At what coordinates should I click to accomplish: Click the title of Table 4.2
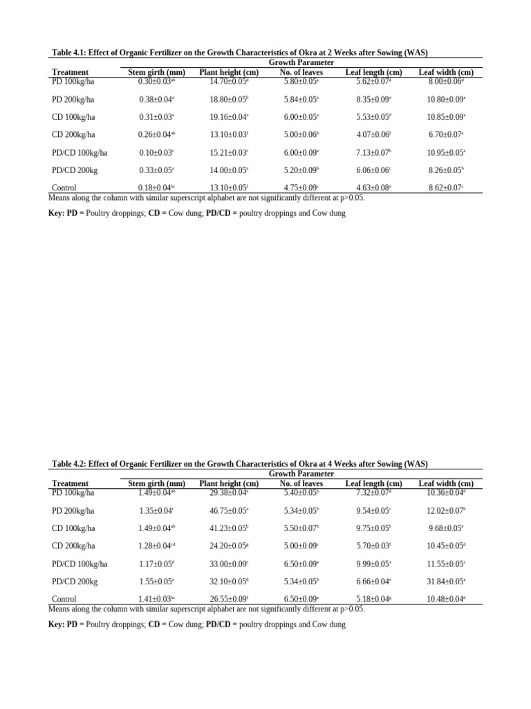tap(240, 464)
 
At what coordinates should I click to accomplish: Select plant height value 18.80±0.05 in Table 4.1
tap(229, 100)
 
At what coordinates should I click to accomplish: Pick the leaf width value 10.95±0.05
tap(446, 152)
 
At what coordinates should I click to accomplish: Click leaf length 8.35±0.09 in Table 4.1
tap(373, 100)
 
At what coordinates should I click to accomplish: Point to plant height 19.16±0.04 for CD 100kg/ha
tap(229, 117)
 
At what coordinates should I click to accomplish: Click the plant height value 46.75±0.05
tap(229, 510)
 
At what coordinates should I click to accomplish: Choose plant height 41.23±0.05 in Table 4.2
tap(229, 528)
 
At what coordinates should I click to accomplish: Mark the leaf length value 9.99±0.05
tap(373, 564)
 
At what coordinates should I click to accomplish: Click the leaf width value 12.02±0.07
tap(446, 510)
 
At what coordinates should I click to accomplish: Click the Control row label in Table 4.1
tap(64, 188)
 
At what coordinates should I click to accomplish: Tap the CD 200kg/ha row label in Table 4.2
tap(73, 546)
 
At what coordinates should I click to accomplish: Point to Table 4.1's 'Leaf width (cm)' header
tap(446, 72)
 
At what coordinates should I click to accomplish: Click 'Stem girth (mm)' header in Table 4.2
tap(157, 483)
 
